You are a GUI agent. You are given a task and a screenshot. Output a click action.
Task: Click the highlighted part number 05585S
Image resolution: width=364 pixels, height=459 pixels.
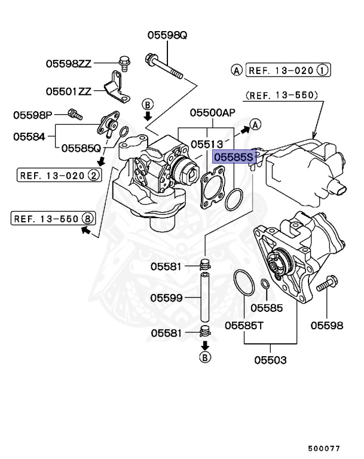pyautogui.click(x=234, y=157)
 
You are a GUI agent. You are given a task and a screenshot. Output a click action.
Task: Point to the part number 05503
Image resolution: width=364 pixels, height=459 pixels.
pyautogui.click(x=270, y=360)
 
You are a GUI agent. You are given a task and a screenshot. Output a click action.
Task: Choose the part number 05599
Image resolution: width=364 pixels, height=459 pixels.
pyautogui.click(x=166, y=297)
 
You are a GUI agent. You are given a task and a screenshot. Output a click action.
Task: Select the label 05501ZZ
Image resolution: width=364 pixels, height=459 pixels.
pyautogui.click(x=69, y=91)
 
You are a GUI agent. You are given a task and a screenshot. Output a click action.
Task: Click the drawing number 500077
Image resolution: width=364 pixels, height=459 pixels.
pyautogui.click(x=324, y=448)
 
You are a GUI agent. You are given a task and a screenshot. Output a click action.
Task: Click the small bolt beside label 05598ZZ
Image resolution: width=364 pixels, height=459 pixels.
pyautogui.click(x=126, y=62)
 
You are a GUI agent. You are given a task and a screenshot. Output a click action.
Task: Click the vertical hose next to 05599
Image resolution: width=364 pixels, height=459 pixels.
pyautogui.click(x=205, y=297)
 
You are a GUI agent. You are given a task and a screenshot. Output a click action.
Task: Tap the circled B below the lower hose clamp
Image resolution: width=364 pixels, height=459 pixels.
pyautogui.click(x=205, y=358)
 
